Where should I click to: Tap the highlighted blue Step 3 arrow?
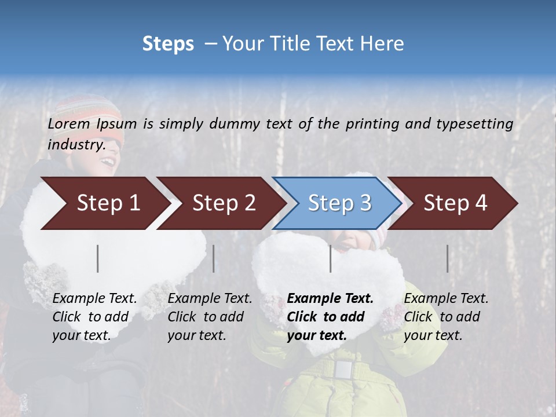(x=339, y=203)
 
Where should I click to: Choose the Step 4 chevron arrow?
(x=455, y=203)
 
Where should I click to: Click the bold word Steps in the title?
(x=168, y=43)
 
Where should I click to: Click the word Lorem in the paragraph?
(x=68, y=123)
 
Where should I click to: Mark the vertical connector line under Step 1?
(x=98, y=258)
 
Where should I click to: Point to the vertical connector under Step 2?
(x=214, y=258)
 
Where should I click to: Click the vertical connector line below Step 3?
(x=330, y=258)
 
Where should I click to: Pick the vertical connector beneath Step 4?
(x=447, y=258)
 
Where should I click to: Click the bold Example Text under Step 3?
(x=330, y=299)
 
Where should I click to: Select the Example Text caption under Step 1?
(x=94, y=299)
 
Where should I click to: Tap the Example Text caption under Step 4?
(x=446, y=299)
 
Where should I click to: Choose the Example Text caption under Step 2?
(x=210, y=299)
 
